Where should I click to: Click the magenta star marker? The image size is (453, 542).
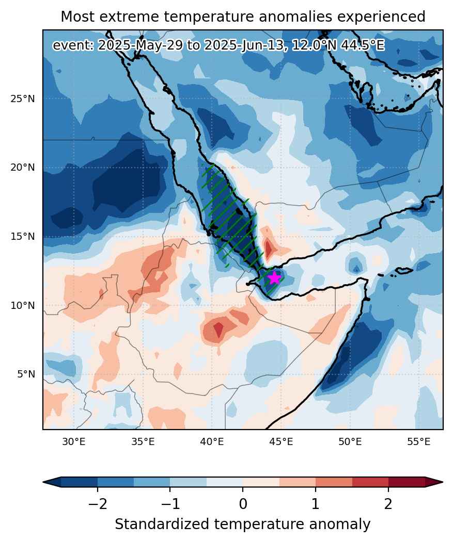[274, 277]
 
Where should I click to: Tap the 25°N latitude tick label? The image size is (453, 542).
[23, 99]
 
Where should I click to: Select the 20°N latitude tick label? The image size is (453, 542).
[23, 168]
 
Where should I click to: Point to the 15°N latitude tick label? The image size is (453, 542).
[23, 237]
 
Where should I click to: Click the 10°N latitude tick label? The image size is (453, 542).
[23, 306]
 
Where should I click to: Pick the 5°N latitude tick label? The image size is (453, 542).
[26, 374]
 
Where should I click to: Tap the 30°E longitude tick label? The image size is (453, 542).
[74, 442]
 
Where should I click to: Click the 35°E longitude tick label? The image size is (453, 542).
[143, 442]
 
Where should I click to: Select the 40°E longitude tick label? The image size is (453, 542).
[212, 442]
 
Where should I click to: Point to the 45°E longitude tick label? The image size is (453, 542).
[281, 442]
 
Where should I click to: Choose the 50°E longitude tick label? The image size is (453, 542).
[350, 442]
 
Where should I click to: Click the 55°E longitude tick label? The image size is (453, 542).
[419, 442]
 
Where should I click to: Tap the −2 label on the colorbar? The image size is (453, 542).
[97, 504]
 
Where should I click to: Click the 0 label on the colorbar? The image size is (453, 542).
[243, 504]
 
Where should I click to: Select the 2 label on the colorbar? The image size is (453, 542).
[388, 504]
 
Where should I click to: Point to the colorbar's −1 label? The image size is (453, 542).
[170, 504]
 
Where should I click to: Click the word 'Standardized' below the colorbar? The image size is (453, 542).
[162, 524]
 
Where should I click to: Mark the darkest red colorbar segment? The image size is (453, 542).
[407, 482]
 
